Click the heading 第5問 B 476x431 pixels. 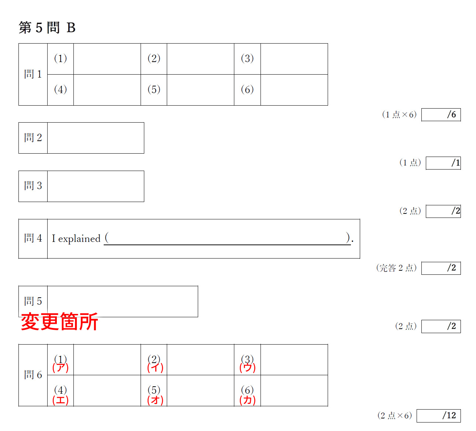coord(47,28)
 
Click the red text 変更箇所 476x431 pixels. coord(59,321)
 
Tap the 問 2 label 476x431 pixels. coord(33,137)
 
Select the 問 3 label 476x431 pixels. coord(33,185)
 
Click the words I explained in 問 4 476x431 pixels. coord(76,239)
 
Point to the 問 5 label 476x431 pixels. coord(33,301)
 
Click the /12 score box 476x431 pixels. coord(438,415)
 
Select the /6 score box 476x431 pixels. coord(441,115)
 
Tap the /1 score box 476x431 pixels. coord(443,163)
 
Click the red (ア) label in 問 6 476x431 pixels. coord(61,367)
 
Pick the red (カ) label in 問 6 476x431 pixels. coord(248,400)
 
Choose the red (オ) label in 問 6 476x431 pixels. coord(155,400)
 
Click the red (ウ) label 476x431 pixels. coord(248,367)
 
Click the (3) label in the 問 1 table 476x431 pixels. coord(247,58)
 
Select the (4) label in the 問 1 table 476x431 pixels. coord(61,90)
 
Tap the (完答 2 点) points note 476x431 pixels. coord(396,268)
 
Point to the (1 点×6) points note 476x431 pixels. coord(399,115)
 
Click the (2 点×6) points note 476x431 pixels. coord(394,415)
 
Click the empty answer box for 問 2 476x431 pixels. coord(96,138)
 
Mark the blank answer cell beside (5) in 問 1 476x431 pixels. coord(200,90)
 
